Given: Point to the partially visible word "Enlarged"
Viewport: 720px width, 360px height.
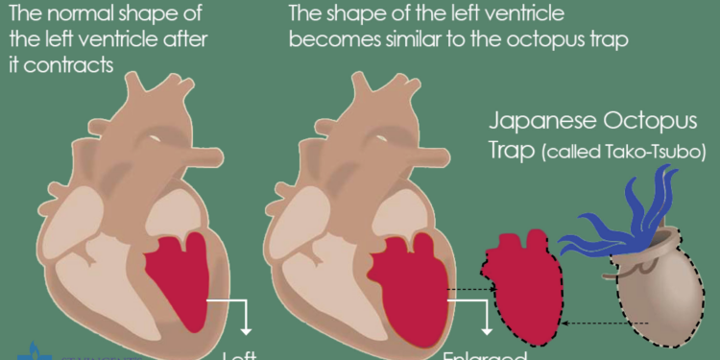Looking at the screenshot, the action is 480,354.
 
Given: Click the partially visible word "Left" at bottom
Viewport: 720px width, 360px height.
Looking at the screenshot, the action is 240,354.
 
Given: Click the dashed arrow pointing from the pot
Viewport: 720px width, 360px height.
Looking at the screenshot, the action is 605,322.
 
